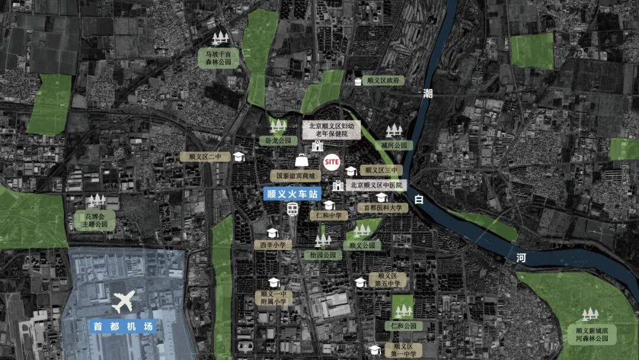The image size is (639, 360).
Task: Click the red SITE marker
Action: [x=332, y=161]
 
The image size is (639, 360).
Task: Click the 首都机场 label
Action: [x=123, y=326]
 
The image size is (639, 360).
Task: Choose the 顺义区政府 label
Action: [x=383, y=80]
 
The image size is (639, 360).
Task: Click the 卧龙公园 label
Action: [x=278, y=141]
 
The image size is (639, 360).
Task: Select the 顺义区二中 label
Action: [x=201, y=156]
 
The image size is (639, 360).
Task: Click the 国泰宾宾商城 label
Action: [x=296, y=176]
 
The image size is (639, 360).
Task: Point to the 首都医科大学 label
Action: [x=383, y=208]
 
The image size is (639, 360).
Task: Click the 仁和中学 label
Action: [x=329, y=216]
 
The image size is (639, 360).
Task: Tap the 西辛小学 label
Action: [x=273, y=244]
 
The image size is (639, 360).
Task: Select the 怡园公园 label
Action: [x=322, y=255]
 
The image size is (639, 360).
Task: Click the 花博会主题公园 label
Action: [x=95, y=220]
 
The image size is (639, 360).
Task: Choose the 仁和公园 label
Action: [x=404, y=326]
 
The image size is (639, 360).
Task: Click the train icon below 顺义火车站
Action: [x=293, y=209]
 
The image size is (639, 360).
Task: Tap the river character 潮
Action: [x=428, y=93]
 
